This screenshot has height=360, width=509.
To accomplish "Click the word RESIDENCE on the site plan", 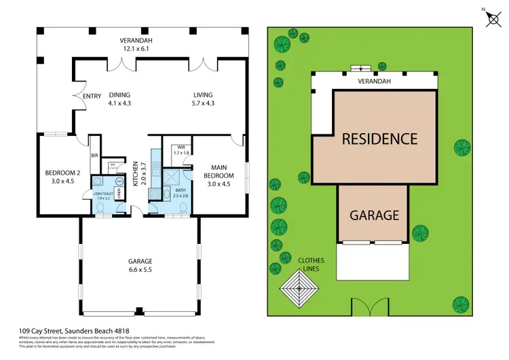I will tap(379, 139).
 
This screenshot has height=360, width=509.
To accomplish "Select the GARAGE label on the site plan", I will tap(373, 215).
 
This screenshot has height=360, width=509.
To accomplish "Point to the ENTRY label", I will tap(92, 96).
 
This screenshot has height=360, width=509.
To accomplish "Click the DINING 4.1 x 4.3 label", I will tap(119, 99).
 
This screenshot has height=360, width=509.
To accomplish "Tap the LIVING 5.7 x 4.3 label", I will tap(203, 99).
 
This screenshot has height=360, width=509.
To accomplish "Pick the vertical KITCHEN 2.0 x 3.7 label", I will tap(138, 174).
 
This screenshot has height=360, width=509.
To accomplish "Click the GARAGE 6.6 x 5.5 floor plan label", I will tap(140, 265).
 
